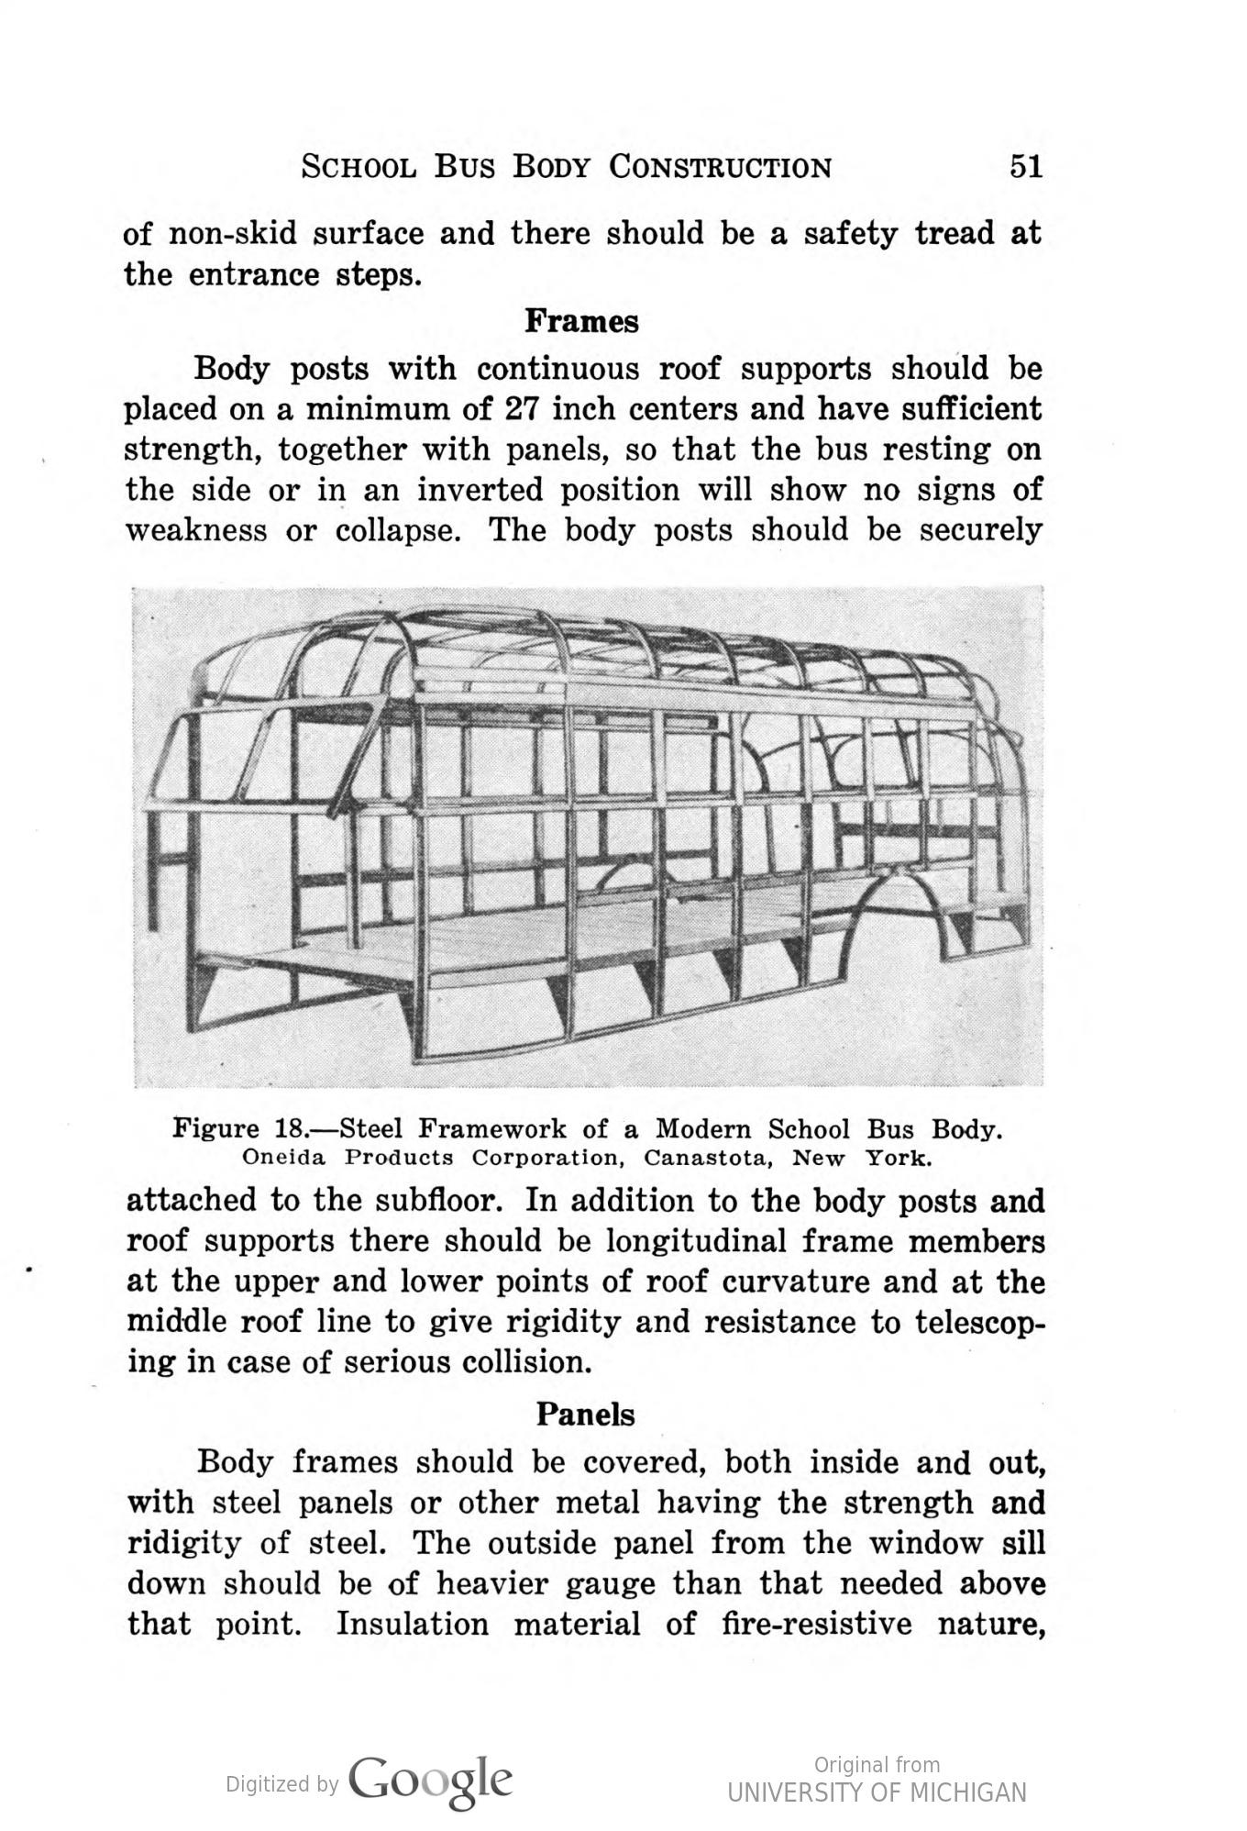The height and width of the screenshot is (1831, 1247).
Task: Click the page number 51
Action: click(1026, 167)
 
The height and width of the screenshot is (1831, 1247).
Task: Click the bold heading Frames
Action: click(581, 322)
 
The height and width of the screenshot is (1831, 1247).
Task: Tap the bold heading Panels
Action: click(585, 1414)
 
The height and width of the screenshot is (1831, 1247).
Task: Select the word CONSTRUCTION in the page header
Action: click(721, 167)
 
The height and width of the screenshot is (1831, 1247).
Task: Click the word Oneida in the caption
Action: click(283, 1158)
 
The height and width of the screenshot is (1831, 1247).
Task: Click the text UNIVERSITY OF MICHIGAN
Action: click(877, 1792)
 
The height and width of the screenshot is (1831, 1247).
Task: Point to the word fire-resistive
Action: click(817, 1624)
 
